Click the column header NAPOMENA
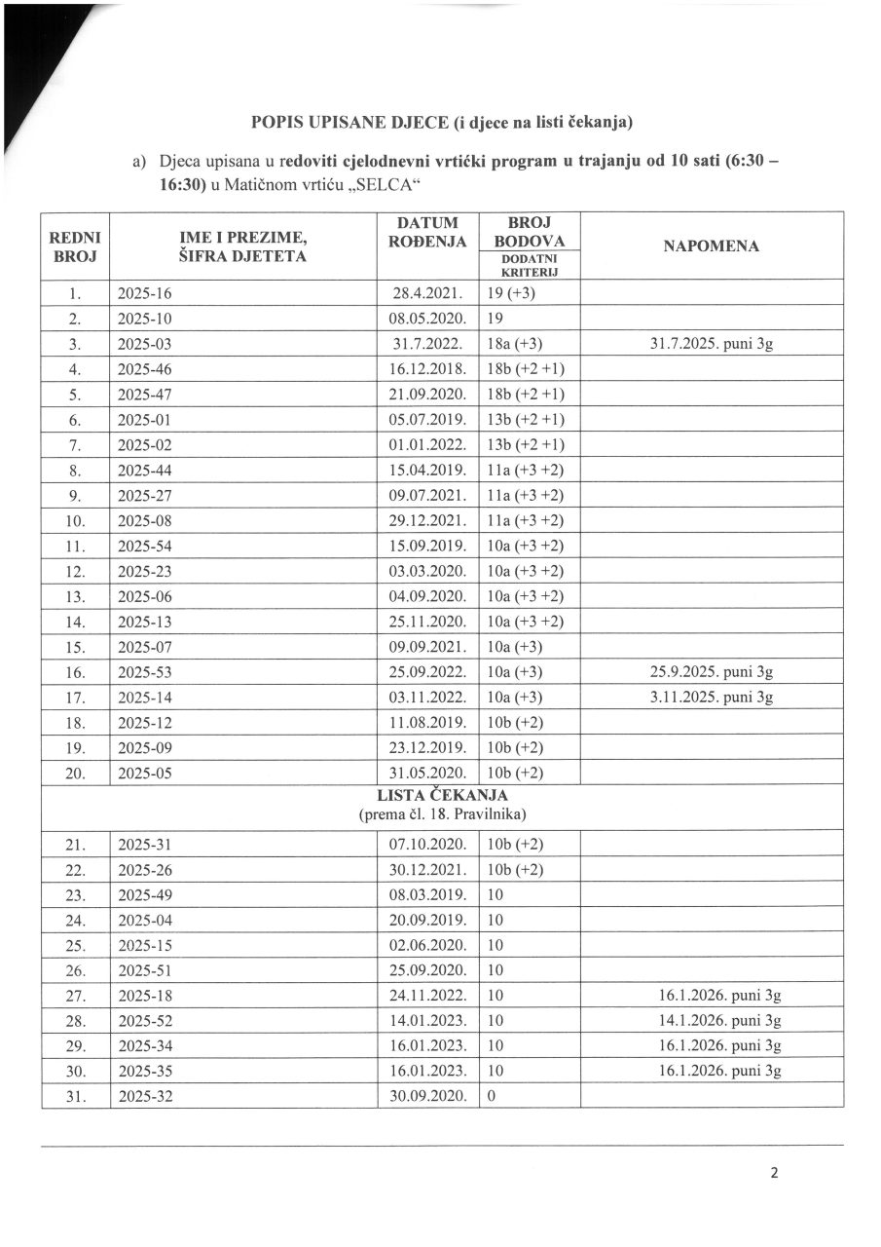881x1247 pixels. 712,246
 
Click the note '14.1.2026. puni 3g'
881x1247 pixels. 719,1021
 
